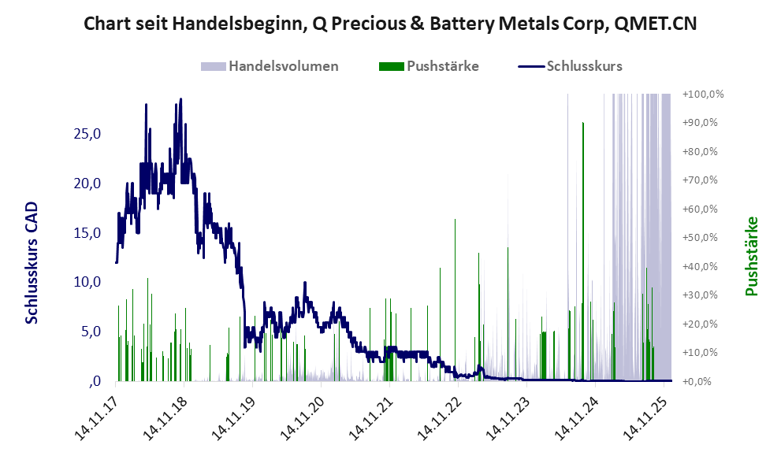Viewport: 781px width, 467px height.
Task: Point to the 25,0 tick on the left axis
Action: tap(87, 134)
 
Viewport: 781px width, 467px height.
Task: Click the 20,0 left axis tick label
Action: tap(87, 183)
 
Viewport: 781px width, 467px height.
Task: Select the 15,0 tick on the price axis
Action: tap(87, 233)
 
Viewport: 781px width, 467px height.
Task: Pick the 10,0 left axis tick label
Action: tap(87, 282)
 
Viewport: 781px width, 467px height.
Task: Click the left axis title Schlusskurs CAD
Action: tap(32, 262)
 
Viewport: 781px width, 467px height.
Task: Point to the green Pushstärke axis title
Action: tap(751, 257)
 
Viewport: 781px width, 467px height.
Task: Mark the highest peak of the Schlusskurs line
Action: tap(180, 100)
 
